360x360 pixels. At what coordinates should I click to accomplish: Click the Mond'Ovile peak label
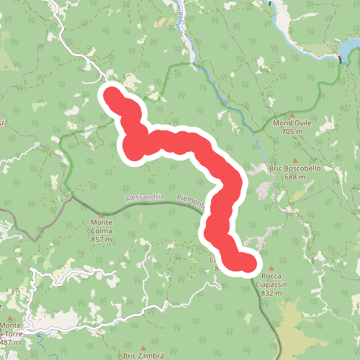point(292,123)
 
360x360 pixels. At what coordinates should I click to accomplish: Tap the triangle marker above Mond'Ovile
point(292,115)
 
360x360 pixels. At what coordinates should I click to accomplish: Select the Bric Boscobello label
point(293,168)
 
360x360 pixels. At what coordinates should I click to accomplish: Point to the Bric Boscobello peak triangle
point(295,160)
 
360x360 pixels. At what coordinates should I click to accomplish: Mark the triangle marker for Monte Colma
point(102,214)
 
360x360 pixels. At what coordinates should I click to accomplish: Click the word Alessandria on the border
point(144,197)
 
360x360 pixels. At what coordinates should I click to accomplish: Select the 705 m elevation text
point(292,132)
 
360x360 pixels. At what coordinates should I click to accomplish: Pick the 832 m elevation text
point(271,293)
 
